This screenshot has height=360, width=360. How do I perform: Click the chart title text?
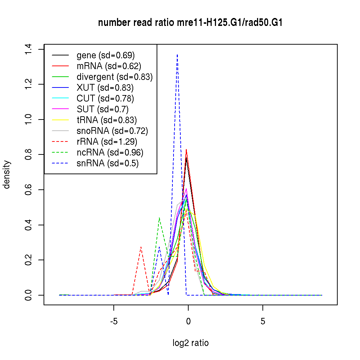190,23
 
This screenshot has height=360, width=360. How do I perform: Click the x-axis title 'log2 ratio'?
190,343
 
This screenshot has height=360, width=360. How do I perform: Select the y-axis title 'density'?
6,175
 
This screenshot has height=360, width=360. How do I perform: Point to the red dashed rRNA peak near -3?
141,247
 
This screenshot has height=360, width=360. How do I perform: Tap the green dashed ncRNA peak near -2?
159,218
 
